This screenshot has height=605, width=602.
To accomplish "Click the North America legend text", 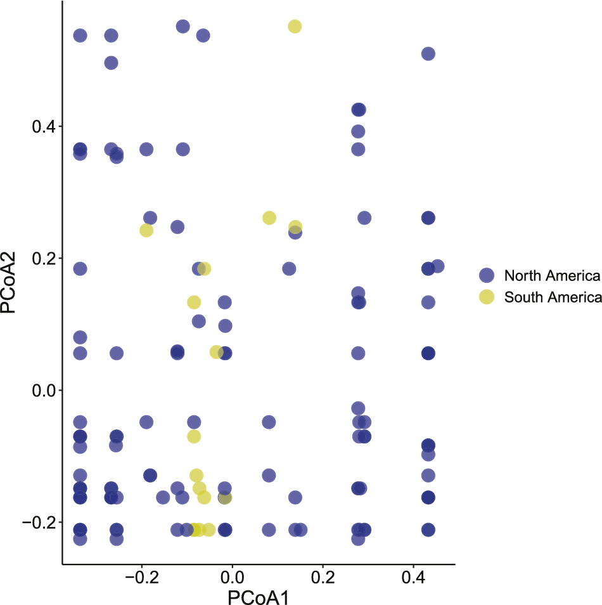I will pos(551,276).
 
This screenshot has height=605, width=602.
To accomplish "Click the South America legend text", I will pos(551,297).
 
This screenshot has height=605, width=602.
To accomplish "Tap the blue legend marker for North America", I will pos(487,276).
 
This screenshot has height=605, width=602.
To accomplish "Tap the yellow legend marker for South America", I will pos(487,297).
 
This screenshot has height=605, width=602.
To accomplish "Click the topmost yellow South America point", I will pos(295,26).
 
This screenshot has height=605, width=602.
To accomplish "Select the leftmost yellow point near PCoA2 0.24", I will pos(146,230).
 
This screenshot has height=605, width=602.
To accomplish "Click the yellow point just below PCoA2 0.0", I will pos(194,436).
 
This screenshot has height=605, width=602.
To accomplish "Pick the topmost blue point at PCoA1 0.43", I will pos(428,54).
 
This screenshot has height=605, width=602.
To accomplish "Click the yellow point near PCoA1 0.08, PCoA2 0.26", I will pos(269,218).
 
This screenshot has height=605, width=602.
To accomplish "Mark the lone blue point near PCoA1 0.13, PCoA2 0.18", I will pos(289,269).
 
